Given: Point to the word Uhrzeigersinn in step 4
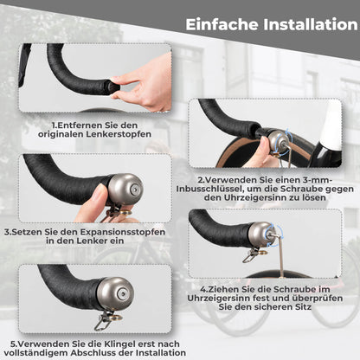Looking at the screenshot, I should [236, 299].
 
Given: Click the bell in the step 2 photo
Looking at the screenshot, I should [278, 142].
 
